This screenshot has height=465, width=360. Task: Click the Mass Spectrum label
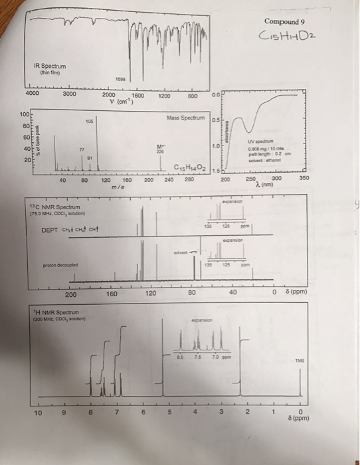tap(189, 118)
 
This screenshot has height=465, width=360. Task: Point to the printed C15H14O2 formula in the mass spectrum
tap(191, 167)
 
